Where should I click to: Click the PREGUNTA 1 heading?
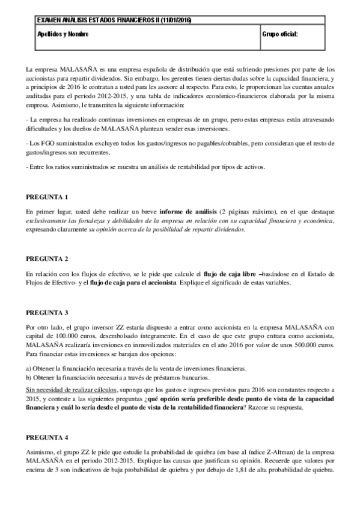pyautogui.click(x=47, y=197)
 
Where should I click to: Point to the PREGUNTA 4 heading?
pyautogui.click(x=47, y=435)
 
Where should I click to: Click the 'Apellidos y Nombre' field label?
pyautogui.click(x=63, y=34)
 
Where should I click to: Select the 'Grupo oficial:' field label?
pyautogui.click(x=280, y=34)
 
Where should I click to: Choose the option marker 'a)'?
pyautogui.click(x=30, y=368)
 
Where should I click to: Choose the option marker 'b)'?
pyautogui.click(x=30, y=377)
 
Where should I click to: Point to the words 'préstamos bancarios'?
pyautogui.click(x=180, y=377)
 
